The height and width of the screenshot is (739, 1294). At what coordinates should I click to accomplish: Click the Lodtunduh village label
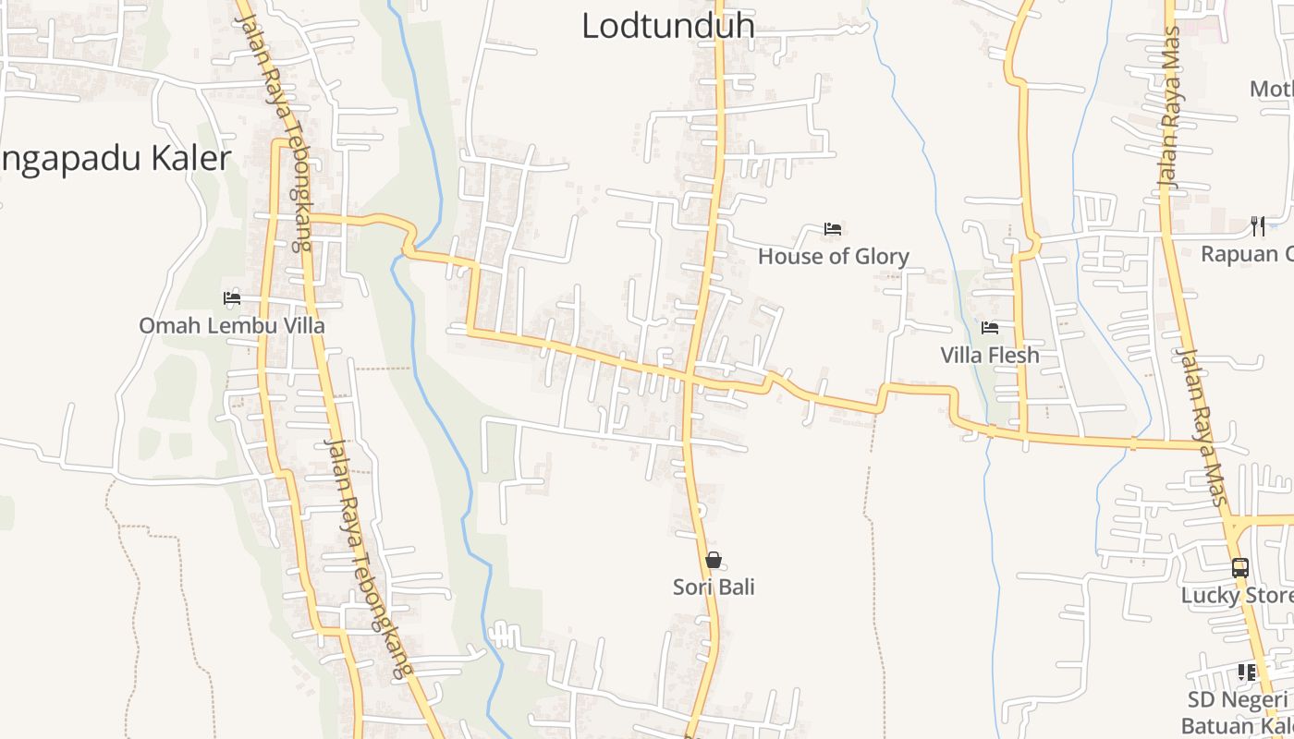pyautogui.click(x=667, y=25)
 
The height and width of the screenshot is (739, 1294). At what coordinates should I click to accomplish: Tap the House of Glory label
pyautogui.click(x=833, y=256)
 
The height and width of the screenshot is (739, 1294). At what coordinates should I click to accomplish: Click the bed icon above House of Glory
pyautogui.click(x=833, y=229)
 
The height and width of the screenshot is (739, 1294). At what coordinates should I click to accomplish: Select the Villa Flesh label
pyautogui.click(x=989, y=355)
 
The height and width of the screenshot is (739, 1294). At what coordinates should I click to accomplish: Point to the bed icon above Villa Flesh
pyautogui.click(x=989, y=328)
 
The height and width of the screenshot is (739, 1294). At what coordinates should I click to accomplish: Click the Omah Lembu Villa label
pyautogui.click(x=231, y=325)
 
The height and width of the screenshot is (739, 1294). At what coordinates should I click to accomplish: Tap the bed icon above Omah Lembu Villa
pyautogui.click(x=231, y=298)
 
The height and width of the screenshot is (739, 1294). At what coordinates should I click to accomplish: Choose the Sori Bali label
pyautogui.click(x=714, y=587)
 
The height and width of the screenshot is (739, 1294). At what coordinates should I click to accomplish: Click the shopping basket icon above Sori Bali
pyautogui.click(x=714, y=560)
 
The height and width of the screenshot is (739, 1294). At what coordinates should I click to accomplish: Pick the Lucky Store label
pyautogui.click(x=1236, y=595)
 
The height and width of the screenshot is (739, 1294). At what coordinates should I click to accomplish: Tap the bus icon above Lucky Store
pyautogui.click(x=1240, y=568)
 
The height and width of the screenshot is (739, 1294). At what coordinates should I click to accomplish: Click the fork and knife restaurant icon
pyautogui.click(x=1257, y=225)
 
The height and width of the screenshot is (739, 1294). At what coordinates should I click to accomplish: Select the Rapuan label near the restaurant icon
pyautogui.click(x=1246, y=253)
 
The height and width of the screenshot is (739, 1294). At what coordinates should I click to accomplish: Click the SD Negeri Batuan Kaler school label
pyautogui.click(x=1237, y=712)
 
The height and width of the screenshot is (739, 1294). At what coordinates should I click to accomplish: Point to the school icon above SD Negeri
pyautogui.click(x=1247, y=672)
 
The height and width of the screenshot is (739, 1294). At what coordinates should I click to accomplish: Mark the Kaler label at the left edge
pyautogui.click(x=115, y=159)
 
